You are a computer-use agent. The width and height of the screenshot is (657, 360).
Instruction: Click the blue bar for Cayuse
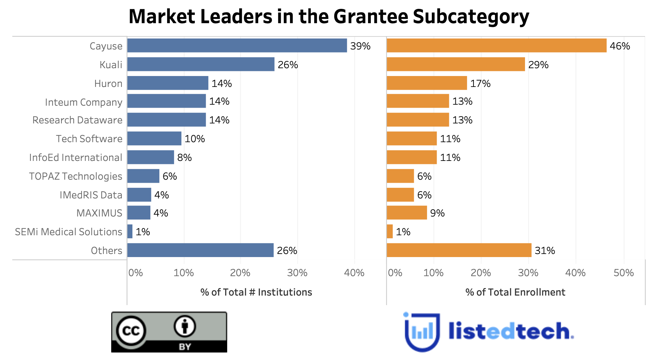[x=237, y=45]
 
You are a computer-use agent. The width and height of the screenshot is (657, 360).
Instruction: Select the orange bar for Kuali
[x=456, y=64]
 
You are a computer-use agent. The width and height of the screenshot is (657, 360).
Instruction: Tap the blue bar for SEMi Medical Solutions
[x=130, y=231]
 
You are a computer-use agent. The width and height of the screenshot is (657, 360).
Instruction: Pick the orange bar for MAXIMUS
[x=407, y=212]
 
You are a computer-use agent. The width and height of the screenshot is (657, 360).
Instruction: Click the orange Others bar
[x=459, y=250]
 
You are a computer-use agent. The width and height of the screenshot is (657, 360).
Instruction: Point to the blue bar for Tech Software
[x=154, y=138]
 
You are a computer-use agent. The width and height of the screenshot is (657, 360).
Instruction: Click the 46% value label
[x=620, y=46]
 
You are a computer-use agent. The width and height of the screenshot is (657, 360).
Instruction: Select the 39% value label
[x=360, y=46]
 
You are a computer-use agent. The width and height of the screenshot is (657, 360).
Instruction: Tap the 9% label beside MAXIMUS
[x=437, y=213]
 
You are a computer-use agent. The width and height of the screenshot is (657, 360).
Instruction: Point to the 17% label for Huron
[x=480, y=84]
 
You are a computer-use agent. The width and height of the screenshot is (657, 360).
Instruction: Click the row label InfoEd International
[x=75, y=157]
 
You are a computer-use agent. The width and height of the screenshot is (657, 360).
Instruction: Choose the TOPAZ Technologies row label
[x=75, y=176]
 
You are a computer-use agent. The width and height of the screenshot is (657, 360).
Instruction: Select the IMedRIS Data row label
[x=91, y=195]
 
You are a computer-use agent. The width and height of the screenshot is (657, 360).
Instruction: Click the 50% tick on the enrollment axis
[x=624, y=273]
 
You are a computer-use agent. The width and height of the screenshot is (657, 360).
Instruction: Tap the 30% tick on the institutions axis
[x=297, y=273]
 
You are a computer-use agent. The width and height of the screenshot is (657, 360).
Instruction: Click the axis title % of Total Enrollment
[x=515, y=292]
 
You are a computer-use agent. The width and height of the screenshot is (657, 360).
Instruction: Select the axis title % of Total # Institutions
[x=256, y=292]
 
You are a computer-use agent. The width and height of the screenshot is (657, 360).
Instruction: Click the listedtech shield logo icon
[x=422, y=332]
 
